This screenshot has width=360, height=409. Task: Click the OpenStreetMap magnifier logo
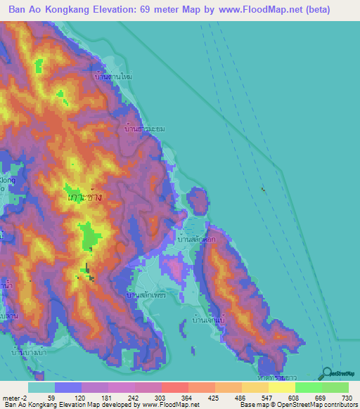pos(326,373)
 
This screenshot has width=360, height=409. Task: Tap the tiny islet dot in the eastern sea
pos(264,189)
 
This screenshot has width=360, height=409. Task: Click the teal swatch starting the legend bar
pos(41,387)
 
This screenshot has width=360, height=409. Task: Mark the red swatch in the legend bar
pos(174,387)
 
